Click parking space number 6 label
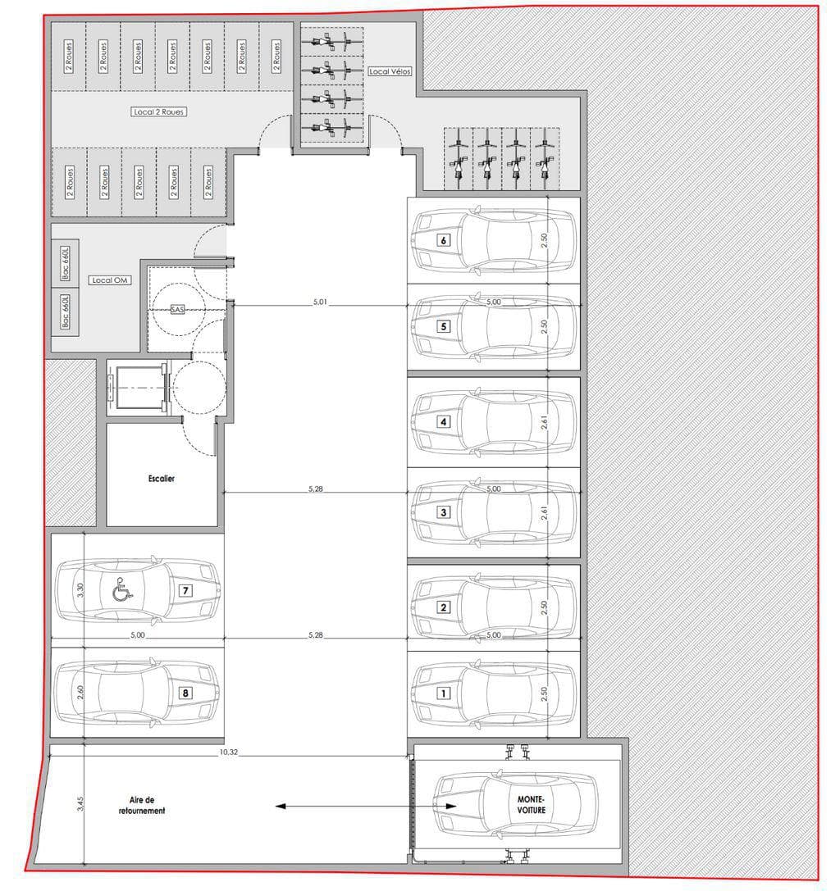pos(444,240)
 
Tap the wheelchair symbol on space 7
pos(121,589)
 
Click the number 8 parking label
pos(185,693)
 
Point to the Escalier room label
pos(162,479)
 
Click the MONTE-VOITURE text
pos(532,805)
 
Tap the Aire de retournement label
pos(142,805)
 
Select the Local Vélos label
pos(390,71)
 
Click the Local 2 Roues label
pos(158,112)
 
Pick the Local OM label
pos(110,280)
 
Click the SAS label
pos(177,310)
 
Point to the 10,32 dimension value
pos(229,752)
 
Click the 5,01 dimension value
pos(320,302)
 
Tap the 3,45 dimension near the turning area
pos(80,803)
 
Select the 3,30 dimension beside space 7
pos(80,590)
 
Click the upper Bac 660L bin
pos(66,262)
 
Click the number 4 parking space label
pos(444,421)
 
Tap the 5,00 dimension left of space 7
pos(138,634)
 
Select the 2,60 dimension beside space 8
pos(80,692)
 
